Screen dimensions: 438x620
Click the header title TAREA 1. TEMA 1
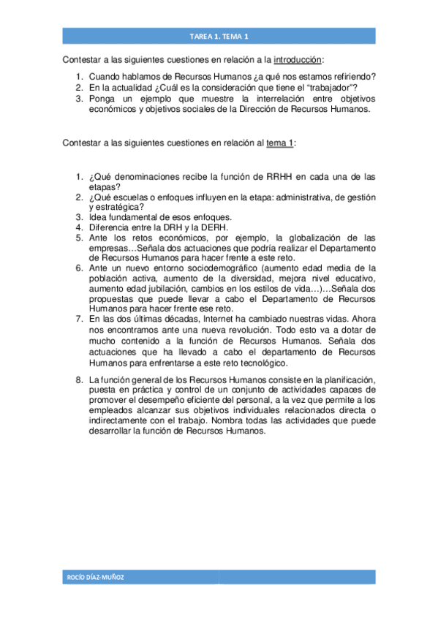(219, 36)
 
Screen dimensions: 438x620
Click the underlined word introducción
(298, 59)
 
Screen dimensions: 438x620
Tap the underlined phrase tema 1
(279, 143)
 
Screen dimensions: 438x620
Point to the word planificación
(346, 379)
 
